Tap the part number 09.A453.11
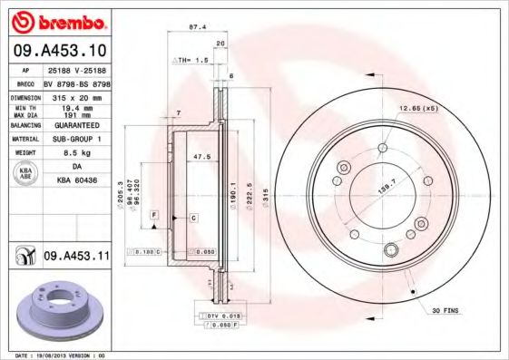click(76, 258)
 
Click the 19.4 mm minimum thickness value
click(76, 107)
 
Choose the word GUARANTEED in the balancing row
click(76, 127)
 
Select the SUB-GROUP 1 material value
click(76, 140)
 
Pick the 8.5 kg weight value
click(76, 153)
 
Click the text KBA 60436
click(76, 179)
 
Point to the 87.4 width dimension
click(195, 27)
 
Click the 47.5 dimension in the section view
click(202, 157)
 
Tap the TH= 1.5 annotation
click(191, 59)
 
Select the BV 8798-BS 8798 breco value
click(76, 82)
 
